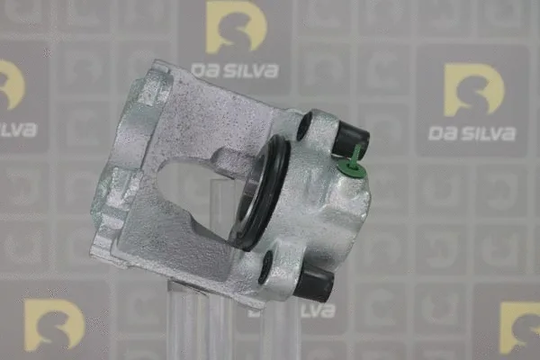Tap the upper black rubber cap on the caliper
pos(349,138)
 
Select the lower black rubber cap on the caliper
pos(316,284)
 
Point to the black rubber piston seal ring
pos(261,193)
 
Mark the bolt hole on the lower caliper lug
pos(266,265)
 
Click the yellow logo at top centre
pos(236,27)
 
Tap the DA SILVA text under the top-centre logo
pos(236,70)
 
